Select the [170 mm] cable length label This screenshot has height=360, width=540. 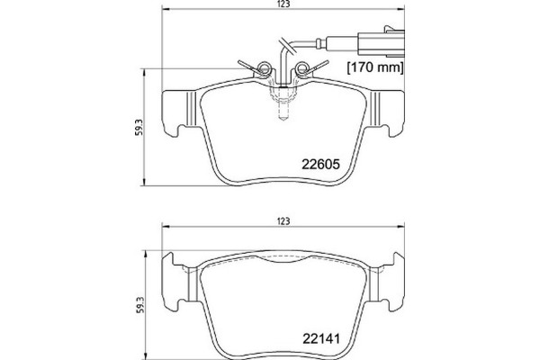tap(374, 67)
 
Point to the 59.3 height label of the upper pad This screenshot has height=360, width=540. tap(135, 127)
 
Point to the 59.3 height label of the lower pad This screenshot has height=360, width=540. tap(135, 300)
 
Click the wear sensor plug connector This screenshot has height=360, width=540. tap(371, 42)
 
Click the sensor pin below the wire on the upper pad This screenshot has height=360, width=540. tap(283, 108)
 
